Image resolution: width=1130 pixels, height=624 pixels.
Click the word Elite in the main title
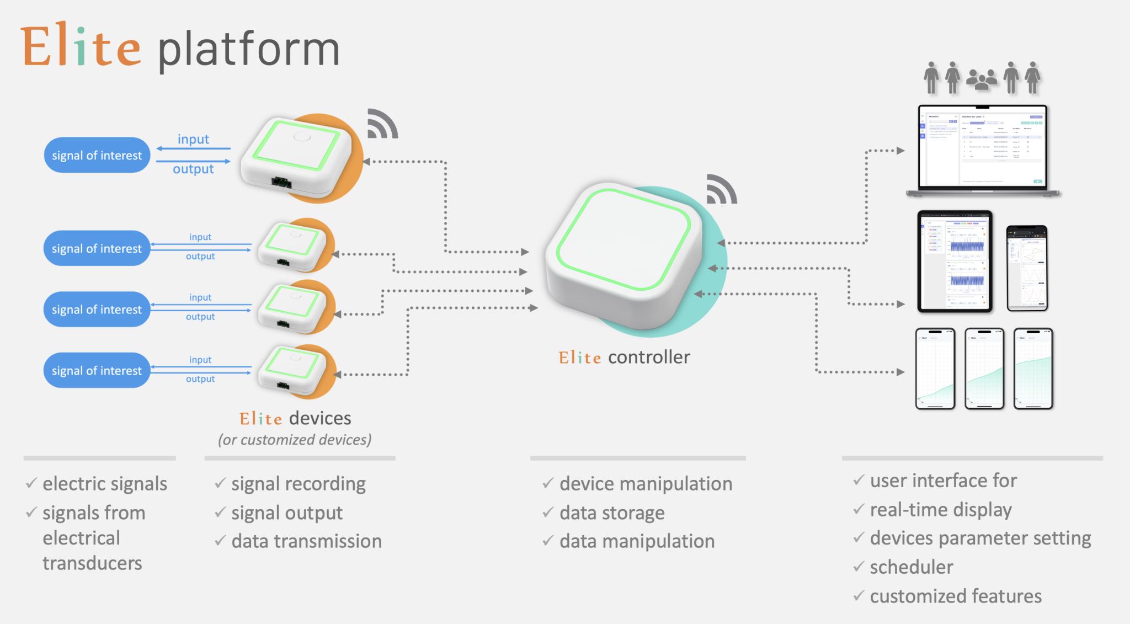click(81, 47)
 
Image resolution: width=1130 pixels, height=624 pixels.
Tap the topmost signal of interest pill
click(97, 156)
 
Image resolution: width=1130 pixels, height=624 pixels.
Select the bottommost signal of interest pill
click(97, 371)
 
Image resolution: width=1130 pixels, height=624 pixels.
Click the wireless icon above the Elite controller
click(721, 190)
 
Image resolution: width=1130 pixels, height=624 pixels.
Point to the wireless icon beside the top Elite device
click(382, 124)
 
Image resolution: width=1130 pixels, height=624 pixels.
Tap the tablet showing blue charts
click(955, 261)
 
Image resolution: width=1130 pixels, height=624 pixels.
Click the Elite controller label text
click(624, 358)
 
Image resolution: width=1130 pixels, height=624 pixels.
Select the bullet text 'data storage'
click(612, 513)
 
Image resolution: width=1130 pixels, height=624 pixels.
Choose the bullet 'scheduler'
click(911, 567)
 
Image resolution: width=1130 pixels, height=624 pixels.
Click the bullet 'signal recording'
click(299, 484)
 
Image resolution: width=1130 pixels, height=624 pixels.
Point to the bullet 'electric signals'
click(105, 484)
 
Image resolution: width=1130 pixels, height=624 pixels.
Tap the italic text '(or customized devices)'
click(295, 440)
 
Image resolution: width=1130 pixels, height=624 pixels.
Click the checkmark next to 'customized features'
click(859, 596)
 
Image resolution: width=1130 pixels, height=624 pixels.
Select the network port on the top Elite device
click(281, 183)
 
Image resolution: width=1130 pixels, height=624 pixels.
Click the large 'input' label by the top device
click(193, 139)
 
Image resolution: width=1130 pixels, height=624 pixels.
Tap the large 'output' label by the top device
click(193, 169)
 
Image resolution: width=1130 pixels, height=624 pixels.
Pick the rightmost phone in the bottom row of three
click(1033, 369)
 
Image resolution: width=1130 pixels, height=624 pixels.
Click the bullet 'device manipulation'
click(646, 484)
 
